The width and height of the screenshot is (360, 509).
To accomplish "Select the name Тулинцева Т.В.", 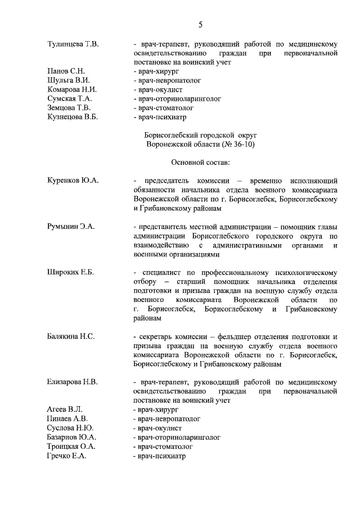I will coord(73,44).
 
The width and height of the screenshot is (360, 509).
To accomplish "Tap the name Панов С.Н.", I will coord(66,71).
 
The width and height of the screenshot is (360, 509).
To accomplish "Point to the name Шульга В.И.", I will coord(69,80).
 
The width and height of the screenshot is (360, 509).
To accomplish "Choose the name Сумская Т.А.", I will coord(70,98).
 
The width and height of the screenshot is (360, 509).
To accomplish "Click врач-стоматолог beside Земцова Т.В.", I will coord(163,107).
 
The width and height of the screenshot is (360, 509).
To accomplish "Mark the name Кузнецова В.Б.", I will coord(74,117).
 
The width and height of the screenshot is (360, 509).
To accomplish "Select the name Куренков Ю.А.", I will coord(73,181).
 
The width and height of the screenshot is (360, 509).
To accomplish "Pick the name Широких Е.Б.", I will coord(70,272).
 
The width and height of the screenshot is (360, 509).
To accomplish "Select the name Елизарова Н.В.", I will coord(73,382).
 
